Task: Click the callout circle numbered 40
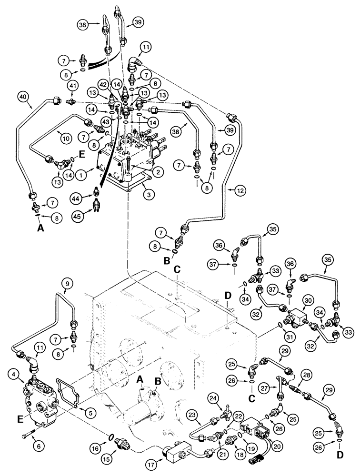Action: tap(23, 97)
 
